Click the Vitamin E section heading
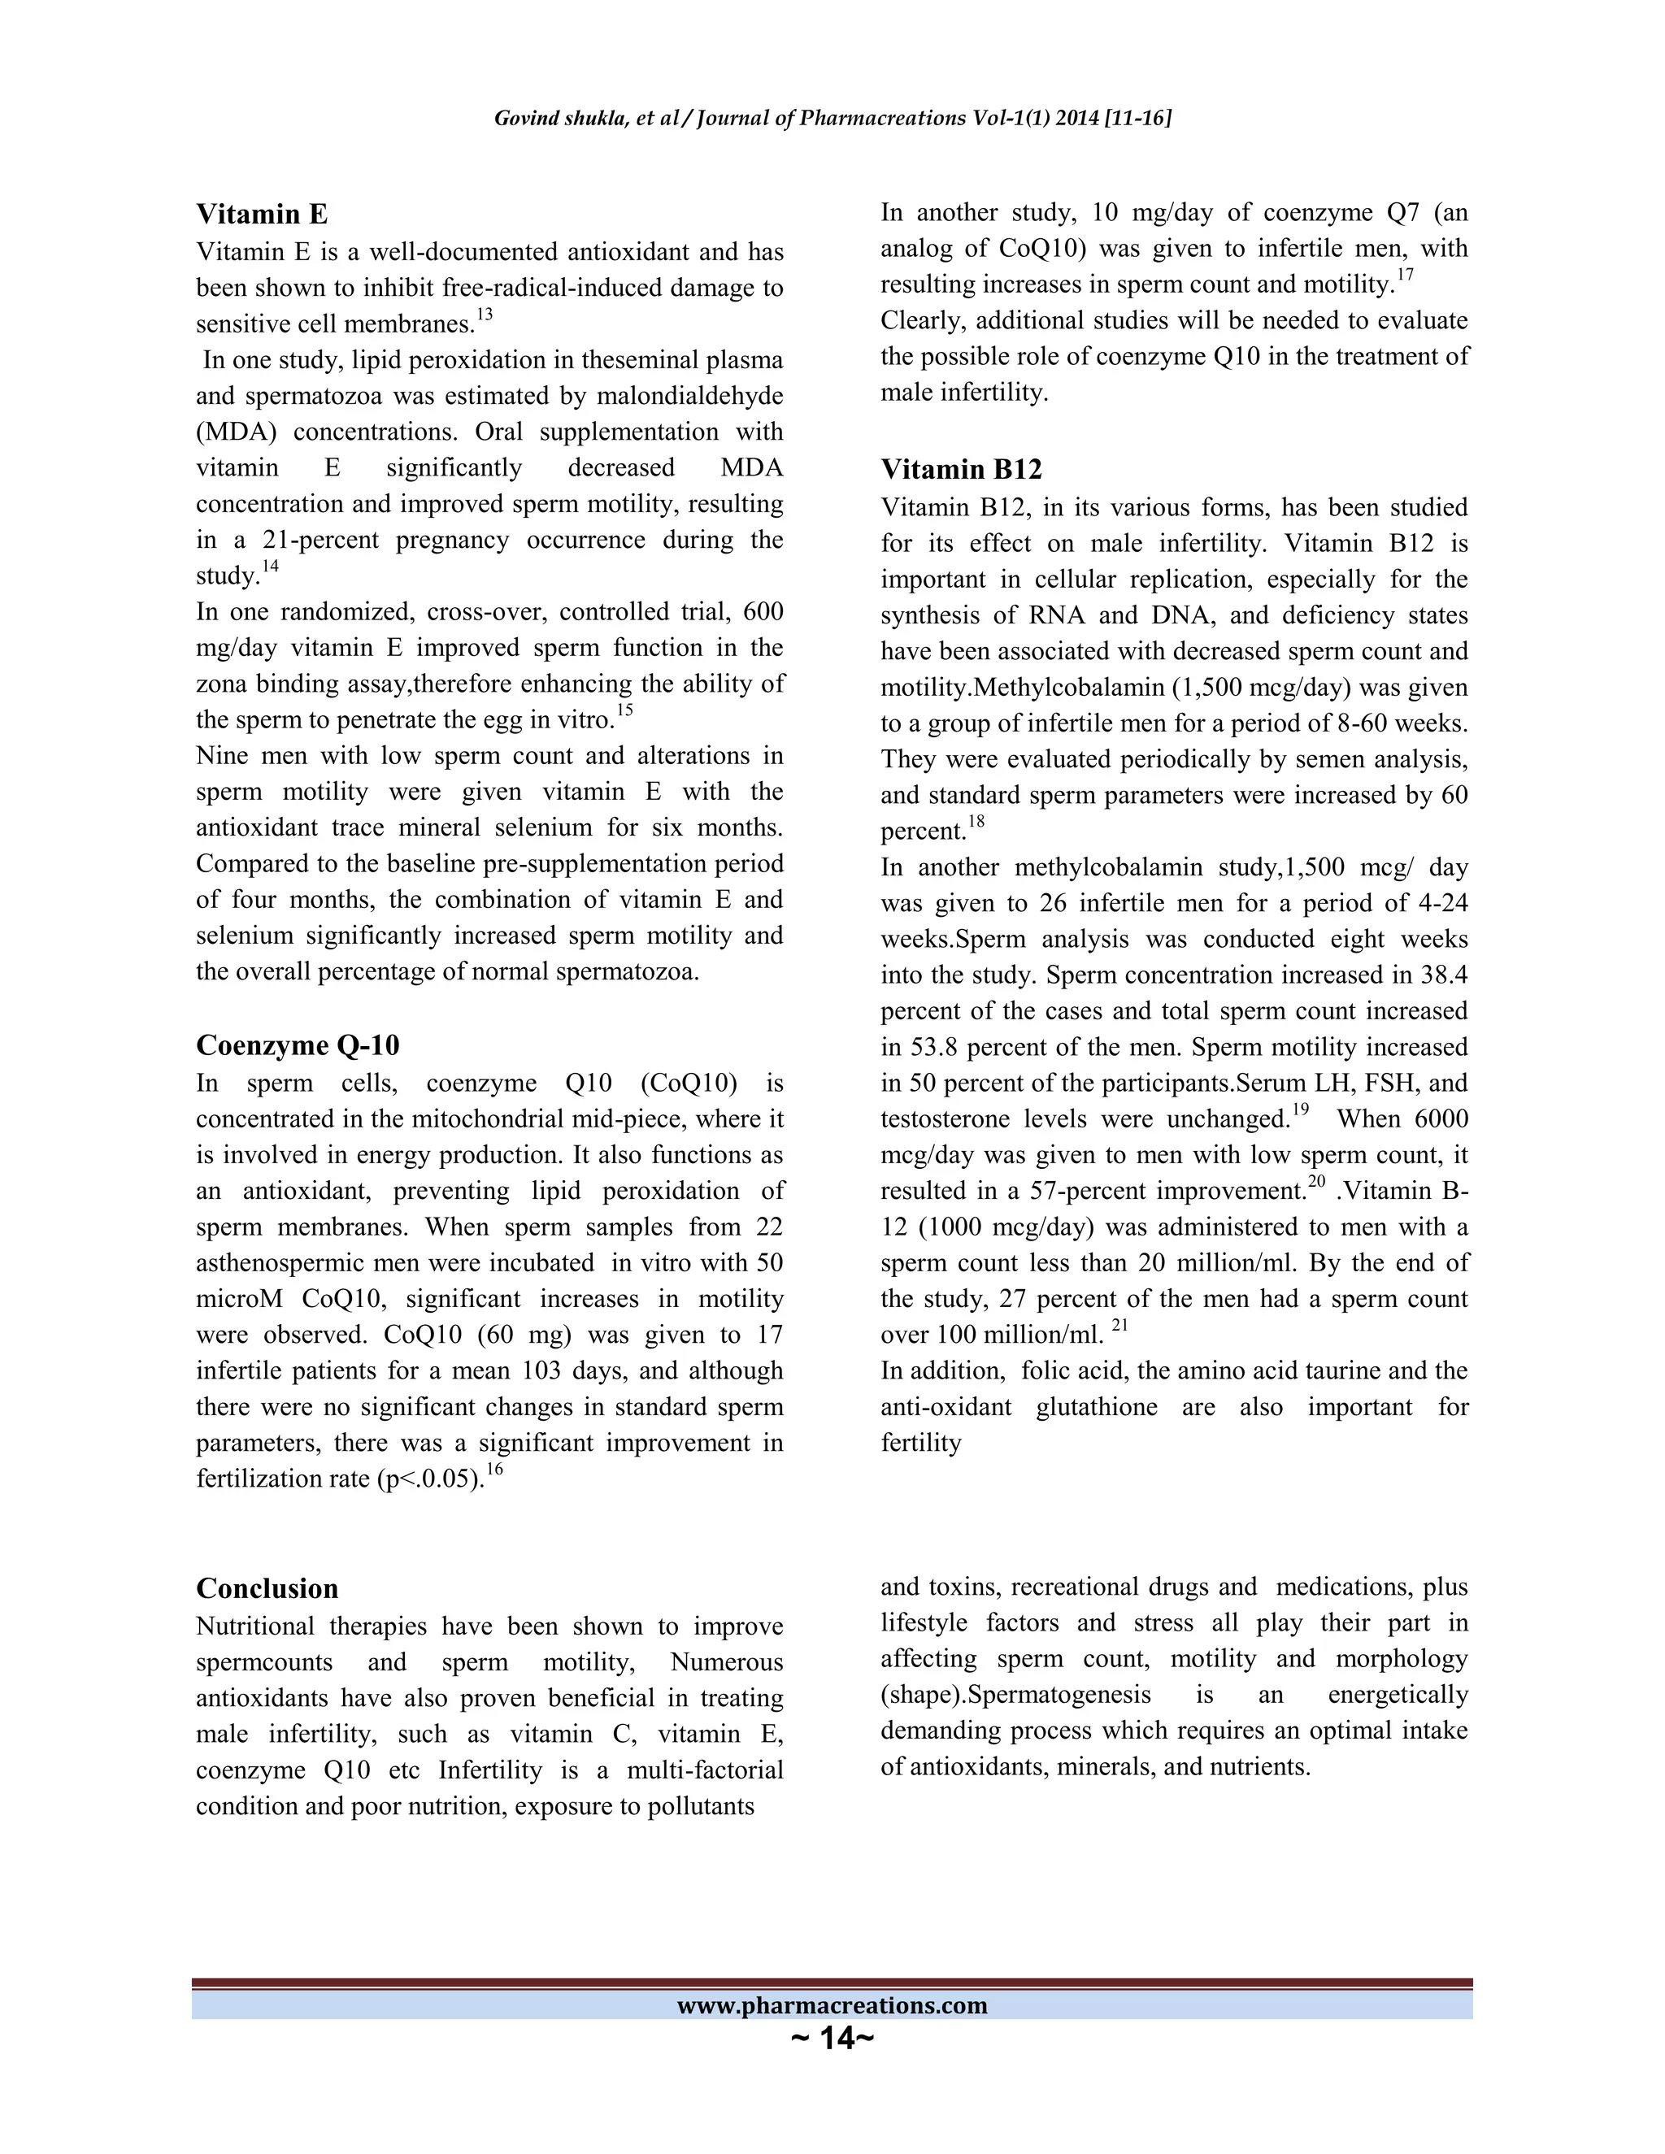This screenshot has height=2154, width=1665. pos(262,214)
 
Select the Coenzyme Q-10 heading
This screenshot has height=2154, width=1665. pos(297,1045)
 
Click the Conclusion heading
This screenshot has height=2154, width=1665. pos(267,1588)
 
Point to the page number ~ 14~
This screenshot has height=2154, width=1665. pos(832,2038)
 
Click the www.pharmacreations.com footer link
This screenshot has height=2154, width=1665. pos(832,2005)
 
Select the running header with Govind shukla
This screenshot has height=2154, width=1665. pos(832,119)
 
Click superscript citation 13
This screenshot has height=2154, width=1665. pos(485,315)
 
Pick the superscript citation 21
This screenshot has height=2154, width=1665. pos(1119,1326)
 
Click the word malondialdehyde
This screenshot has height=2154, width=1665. pos(681,397)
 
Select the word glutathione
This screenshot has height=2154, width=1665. pos(1096,1407)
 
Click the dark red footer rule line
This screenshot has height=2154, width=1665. pos(832,1982)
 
